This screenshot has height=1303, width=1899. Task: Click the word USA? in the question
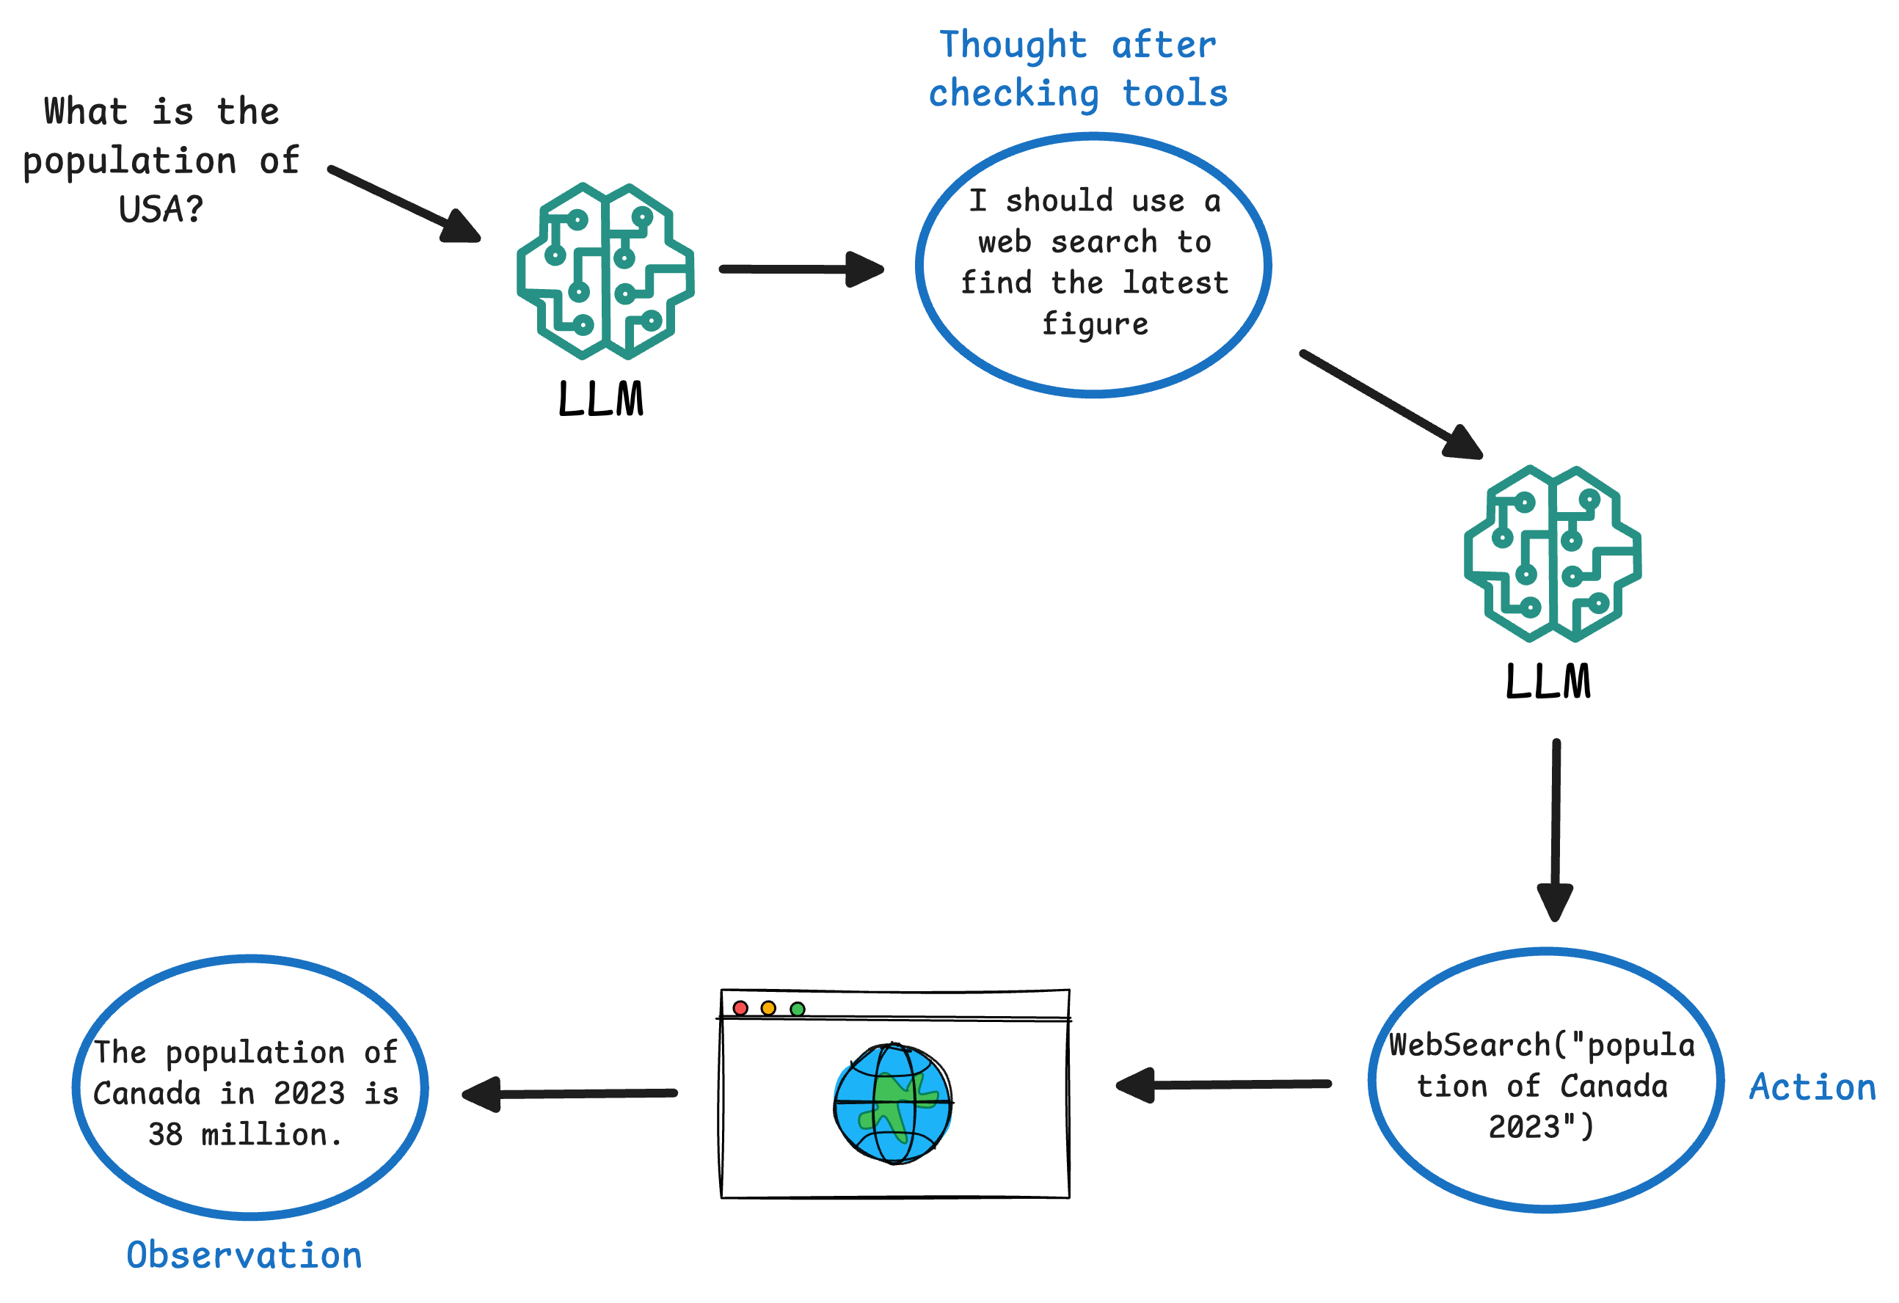pos(160,209)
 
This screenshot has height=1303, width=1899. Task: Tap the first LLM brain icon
pos(605,271)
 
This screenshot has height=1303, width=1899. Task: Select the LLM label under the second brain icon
pos(1548,682)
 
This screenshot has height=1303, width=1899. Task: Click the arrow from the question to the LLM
pos(404,204)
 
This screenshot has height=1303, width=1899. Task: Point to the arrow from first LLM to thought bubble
pos(801,269)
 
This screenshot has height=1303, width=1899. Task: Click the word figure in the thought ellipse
pos(1095,324)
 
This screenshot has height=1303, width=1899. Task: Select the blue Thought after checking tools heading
pos(1078,69)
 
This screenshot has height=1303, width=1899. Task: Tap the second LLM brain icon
pos(1553,554)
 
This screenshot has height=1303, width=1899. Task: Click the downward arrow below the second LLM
pos(1555,829)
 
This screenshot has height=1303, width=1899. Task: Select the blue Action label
pos(1812,1087)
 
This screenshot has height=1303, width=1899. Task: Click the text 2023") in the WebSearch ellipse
pos(1541,1128)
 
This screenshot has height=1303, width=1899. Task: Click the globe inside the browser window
pos(893,1103)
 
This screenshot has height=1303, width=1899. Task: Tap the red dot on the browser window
pos(740,1008)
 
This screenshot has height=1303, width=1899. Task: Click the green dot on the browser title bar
pos(798,1009)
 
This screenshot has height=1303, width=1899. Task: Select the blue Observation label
pos(244,1255)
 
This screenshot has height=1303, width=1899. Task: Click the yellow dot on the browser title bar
pos(768,1008)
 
